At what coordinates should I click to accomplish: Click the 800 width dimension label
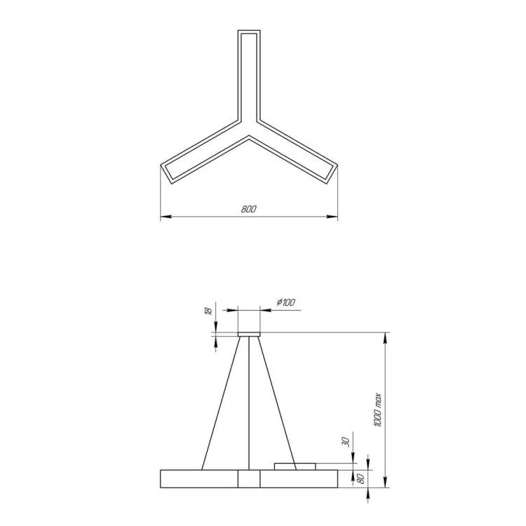pyautogui.click(x=248, y=209)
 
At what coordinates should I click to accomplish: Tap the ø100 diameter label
pyautogui.click(x=286, y=302)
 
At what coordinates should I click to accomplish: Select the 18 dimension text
pyautogui.click(x=208, y=311)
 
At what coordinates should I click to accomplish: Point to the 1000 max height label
pyautogui.click(x=378, y=410)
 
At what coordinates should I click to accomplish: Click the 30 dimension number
pyautogui.click(x=346, y=442)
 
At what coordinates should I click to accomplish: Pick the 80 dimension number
pyautogui.click(x=362, y=479)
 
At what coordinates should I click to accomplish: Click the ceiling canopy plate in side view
pyautogui.click(x=249, y=334)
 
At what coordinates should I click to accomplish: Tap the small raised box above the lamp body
pyautogui.click(x=295, y=466)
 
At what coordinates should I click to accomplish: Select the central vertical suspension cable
pyautogui.click(x=249, y=403)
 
